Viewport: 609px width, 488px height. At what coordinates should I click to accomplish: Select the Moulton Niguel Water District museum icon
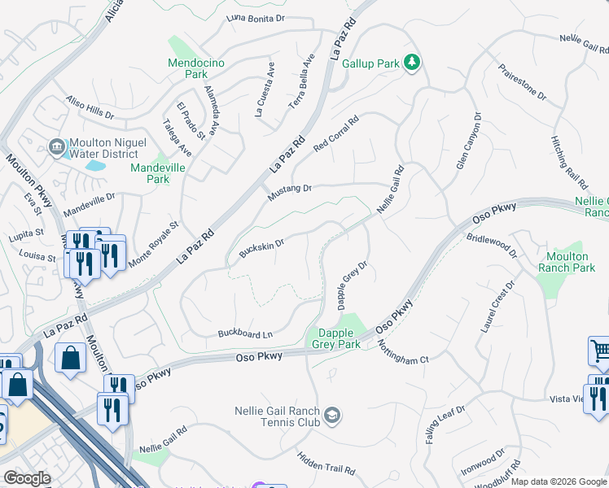(56, 147)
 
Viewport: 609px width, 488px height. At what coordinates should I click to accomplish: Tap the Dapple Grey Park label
(335, 338)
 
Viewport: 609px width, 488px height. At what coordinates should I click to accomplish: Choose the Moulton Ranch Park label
(567, 262)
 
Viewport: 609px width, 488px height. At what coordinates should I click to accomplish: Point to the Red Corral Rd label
(336, 133)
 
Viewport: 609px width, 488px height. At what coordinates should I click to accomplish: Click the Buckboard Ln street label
(245, 333)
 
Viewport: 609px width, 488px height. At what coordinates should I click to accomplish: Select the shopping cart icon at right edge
(600, 351)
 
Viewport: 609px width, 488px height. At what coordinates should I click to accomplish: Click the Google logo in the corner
(27, 478)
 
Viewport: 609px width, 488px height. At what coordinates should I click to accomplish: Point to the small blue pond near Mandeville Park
(95, 165)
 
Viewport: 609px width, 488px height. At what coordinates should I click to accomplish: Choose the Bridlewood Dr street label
(492, 246)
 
